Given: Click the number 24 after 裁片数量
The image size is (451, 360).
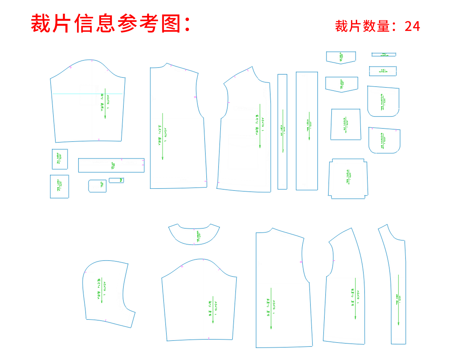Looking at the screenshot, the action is pos(412,26).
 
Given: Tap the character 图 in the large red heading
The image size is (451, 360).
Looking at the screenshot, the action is pos(171,24).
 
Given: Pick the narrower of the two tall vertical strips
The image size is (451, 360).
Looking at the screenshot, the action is pos(282,132).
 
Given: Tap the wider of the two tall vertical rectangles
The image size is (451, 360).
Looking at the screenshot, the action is pos(307,131).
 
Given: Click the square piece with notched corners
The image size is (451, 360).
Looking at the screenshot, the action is pos(348,179).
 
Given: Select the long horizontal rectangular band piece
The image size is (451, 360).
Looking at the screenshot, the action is pos(111,165).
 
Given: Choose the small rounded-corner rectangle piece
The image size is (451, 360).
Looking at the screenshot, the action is pos(97,186).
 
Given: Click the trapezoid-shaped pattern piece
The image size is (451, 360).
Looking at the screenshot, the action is pos(346,124).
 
